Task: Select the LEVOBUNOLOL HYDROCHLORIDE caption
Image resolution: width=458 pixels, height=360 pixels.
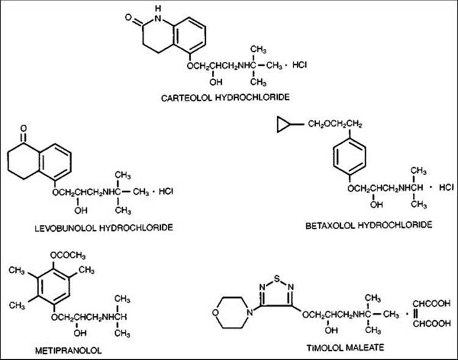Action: tap(104, 227)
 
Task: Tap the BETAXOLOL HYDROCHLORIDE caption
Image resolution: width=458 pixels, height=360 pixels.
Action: tap(369, 225)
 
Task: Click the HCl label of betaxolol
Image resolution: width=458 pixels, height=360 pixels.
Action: tap(446, 186)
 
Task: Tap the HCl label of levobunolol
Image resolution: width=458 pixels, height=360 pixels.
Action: tap(167, 192)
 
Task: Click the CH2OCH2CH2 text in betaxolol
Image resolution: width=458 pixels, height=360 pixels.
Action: tap(335, 125)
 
